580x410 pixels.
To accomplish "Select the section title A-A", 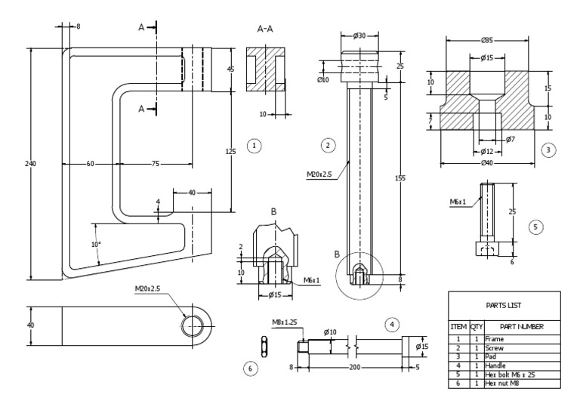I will pos(265,29).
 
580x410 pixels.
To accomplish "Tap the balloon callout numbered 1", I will pos(255,145).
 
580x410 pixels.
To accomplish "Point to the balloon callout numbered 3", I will pos(549,150).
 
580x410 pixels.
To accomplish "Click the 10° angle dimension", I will pos(94,244).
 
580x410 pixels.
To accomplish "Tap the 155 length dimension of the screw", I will pos(400,178).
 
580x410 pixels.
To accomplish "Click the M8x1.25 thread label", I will pos(284,321).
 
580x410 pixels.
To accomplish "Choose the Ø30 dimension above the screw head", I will pos(359,35).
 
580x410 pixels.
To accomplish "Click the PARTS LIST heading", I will pos(504,304).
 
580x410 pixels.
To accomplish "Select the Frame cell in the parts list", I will pos(495,340).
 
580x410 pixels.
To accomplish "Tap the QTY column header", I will pos(477,326).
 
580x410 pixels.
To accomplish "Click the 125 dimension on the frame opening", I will pos(231,151).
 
